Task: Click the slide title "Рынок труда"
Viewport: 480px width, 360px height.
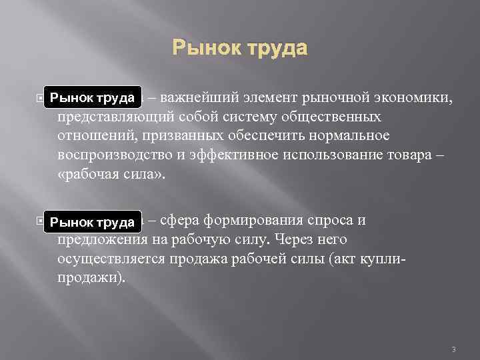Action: [240, 49]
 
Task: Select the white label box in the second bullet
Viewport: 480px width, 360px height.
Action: [93, 221]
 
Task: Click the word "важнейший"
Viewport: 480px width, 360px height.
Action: [194, 99]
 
